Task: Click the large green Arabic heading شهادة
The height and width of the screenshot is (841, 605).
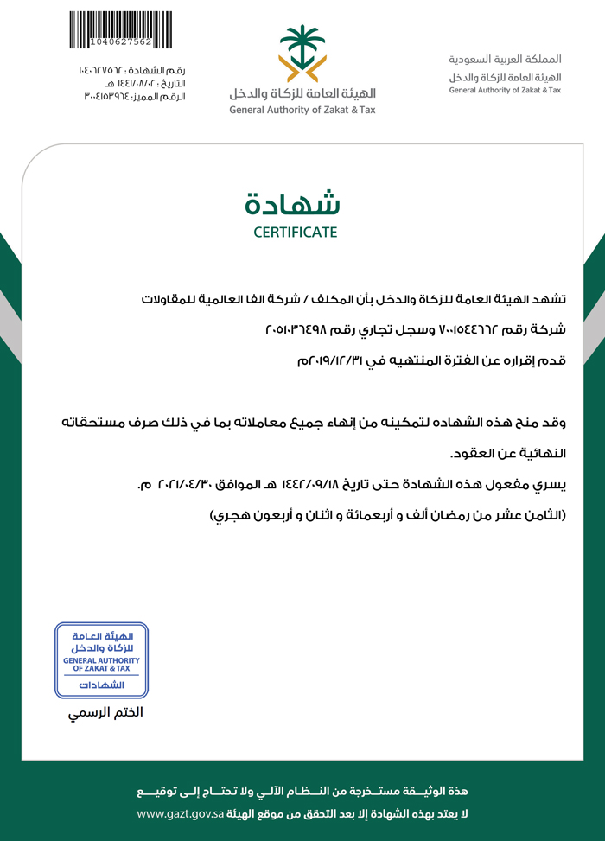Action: coord(295,203)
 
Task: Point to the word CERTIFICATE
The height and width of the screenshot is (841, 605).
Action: coord(296,233)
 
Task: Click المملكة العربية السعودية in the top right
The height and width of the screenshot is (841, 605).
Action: coord(505,60)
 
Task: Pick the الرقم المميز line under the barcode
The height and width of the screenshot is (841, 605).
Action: coord(134,97)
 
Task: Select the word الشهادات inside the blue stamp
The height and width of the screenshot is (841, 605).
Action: coord(102,685)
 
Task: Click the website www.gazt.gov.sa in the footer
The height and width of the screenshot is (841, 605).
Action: coord(181,814)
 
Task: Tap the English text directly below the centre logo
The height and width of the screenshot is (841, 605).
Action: coord(302,111)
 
